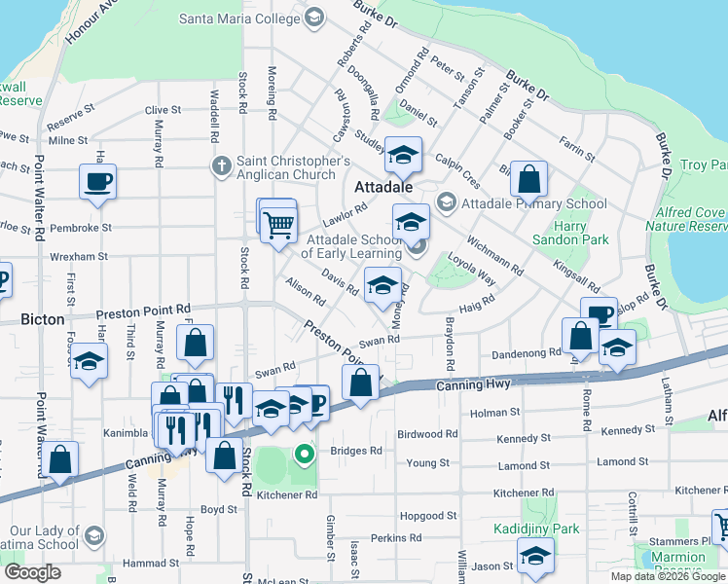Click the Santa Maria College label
[239, 18]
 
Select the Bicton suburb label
[43, 318]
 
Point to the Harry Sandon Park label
[570, 233]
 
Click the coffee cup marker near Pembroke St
[97, 180]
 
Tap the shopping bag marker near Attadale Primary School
[528, 179]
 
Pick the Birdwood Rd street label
[426, 434]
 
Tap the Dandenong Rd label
[528, 352]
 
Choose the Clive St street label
[163, 110]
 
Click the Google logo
[32, 572]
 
